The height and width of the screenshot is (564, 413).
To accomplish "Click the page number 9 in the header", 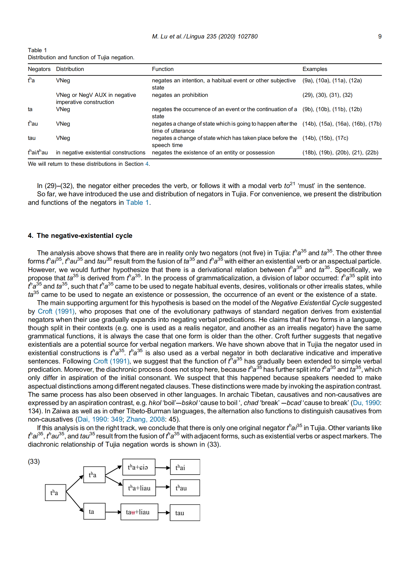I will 380,36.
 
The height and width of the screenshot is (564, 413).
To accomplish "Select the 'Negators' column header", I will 39,69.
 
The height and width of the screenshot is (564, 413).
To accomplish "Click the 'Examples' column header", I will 315,69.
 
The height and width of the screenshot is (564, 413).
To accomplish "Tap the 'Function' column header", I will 163,69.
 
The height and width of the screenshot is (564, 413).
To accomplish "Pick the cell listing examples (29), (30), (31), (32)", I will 327,95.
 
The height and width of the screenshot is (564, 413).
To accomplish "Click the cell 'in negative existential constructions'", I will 100,153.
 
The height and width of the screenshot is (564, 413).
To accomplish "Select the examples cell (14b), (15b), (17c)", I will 325,138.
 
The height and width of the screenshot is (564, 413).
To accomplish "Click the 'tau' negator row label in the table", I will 32,138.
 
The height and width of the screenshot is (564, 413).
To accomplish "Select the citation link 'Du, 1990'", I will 366,403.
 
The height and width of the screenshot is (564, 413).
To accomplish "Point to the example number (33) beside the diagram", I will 34,461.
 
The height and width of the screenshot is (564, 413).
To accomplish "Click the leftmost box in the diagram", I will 56,493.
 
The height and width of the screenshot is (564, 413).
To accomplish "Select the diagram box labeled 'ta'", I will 94,511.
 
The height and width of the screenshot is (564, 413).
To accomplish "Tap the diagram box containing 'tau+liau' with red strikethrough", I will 139,512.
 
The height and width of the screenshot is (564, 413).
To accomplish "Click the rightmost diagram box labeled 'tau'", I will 185,513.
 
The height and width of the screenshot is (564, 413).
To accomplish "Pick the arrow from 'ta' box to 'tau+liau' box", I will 113,512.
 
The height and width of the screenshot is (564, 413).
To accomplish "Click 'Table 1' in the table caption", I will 37,50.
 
